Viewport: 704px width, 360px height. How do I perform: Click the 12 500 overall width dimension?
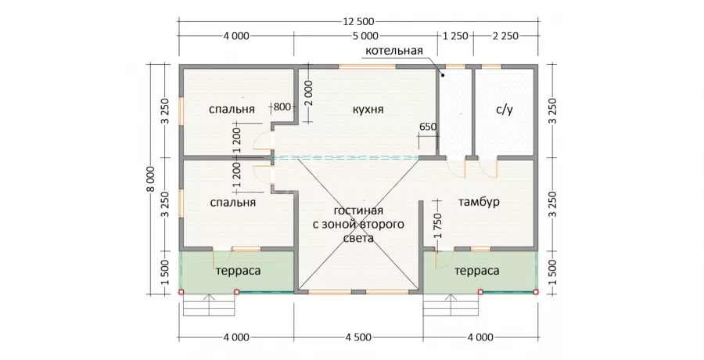358,22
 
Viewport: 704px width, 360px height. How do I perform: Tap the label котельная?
393,50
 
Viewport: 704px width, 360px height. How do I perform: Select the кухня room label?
368,110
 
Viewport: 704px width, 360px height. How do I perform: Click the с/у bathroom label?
505,110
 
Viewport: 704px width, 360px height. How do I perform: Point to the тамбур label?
479,202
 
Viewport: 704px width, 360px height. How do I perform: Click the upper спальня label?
232,110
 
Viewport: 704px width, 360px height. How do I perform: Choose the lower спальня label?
232,203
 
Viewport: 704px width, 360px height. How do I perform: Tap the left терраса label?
238,271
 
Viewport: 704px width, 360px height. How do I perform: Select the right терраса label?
477,271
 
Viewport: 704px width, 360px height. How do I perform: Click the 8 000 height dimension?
150,179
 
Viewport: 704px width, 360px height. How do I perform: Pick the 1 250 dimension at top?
456,36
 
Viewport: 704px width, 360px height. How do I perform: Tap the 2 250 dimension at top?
505,36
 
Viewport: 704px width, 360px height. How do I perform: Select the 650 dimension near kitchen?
427,127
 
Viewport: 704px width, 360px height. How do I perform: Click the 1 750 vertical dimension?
438,225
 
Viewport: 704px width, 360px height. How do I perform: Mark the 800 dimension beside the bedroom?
282,107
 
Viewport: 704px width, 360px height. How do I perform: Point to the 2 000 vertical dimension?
308,93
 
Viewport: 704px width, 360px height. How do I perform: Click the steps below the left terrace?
209,306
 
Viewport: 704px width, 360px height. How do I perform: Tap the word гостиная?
358,211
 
